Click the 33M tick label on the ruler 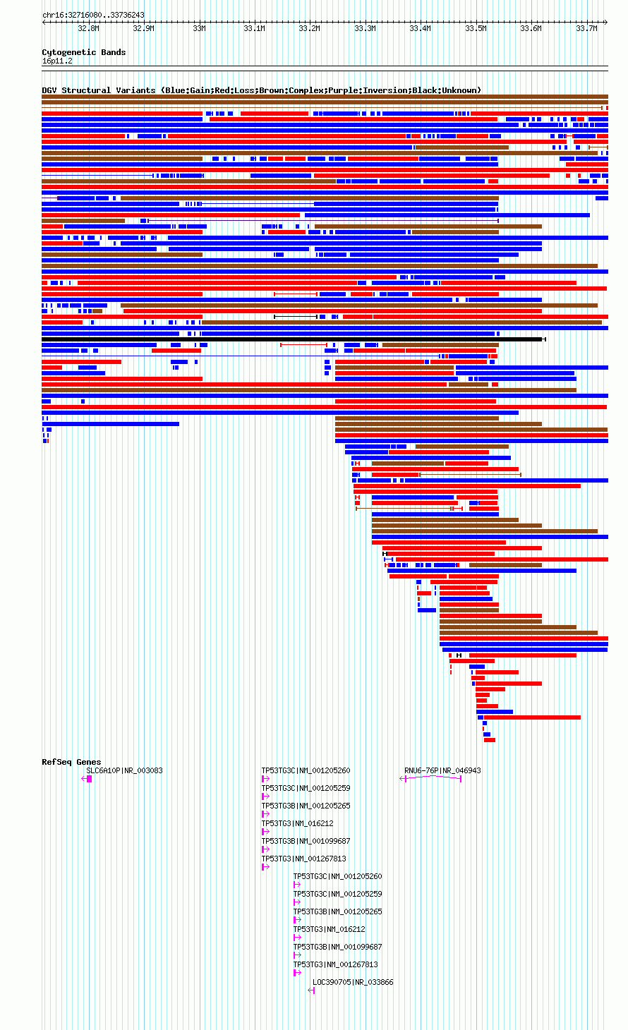tap(199, 28)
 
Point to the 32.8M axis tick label tap(88, 28)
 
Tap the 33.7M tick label tap(586, 28)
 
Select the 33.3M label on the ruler tap(365, 28)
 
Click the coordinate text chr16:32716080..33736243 tap(93, 16)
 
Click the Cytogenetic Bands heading tap(84, 52)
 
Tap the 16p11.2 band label tap(57, 61)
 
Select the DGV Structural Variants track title tap(261, 90)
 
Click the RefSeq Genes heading tap(71, 762)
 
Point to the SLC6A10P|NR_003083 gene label tap(124, 770)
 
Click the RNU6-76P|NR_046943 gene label tap(442, 770)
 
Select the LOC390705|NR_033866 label tap(353, 982)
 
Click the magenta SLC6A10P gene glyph tap(87, 779)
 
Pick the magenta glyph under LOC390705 tap(311, 990)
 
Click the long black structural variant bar tap(294, 339)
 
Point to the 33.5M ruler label tap(476, 28)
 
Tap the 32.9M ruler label tap(143, 28)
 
